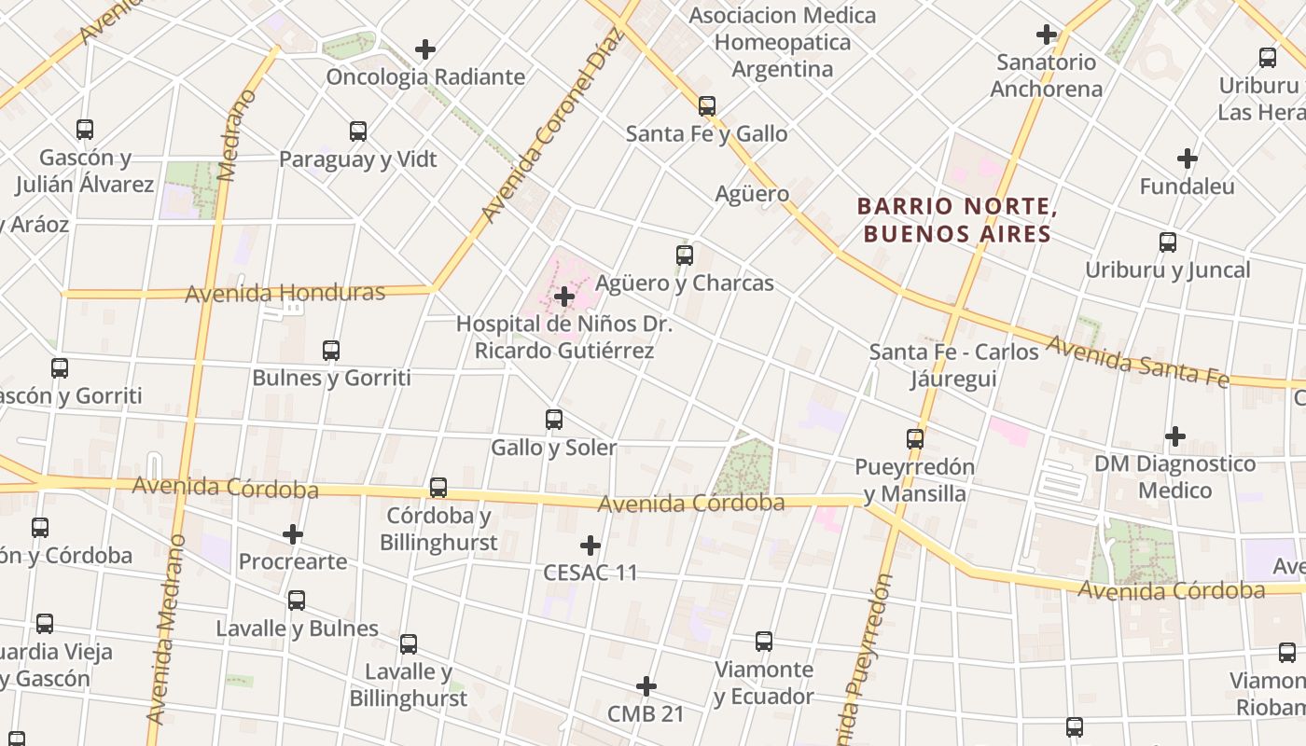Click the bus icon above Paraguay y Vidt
pos(358,131)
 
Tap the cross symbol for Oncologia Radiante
pos(425,49)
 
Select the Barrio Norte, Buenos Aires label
pos(956,219)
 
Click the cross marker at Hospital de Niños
pos(564,297)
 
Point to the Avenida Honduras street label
pos(285,293)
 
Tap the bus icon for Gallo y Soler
pos(554,420)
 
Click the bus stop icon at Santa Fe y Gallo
pos(707,106)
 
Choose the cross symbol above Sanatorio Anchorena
pos(1047,35)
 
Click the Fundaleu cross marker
pos(1188,159)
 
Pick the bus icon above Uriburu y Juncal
pos(1168,242)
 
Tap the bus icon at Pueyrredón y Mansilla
pos(915,438)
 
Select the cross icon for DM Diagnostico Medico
pos(1175,435)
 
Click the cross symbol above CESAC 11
pos(590,546)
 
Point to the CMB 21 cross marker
pos(646,687)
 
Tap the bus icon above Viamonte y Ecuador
pos(764,642)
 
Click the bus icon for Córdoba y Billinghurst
pos(438,488)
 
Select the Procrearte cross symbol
pos(293,534)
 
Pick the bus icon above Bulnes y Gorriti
pos(331,351)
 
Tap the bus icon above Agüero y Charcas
pos(685,255)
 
